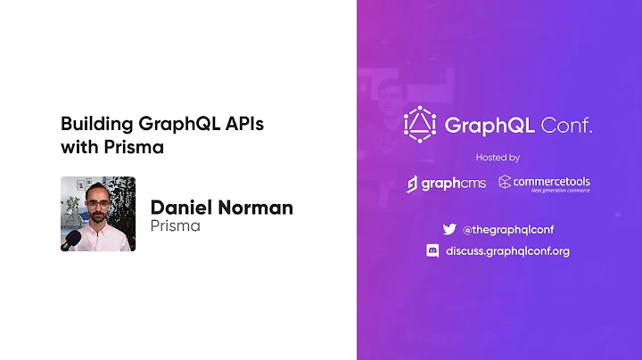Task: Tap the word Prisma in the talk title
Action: point(139,147)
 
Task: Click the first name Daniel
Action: point(181,208)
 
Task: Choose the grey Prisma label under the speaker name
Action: point(175,226)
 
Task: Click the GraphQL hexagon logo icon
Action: point(418,124)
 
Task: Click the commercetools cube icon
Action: point(505,182)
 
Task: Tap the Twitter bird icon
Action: point(449,229)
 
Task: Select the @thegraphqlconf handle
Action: point(508,229)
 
